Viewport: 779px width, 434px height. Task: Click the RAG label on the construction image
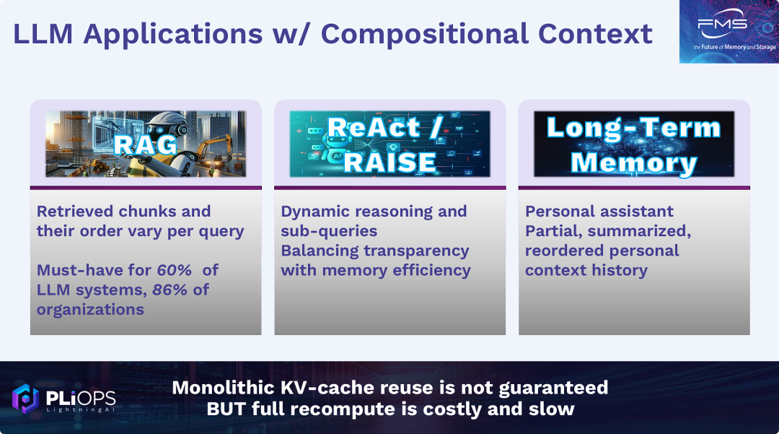[x=145, y=145]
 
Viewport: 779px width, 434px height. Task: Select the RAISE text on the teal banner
[x=390, y=162]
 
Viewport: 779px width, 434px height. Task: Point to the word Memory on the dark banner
[x=634, y=162]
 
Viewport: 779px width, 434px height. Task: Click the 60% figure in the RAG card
[x=175, y=270]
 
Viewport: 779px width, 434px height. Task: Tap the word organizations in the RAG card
[x=90, y=310]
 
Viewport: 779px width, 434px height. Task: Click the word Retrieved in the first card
[x=74, y=212]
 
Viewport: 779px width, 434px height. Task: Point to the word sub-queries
[x=329, y=231]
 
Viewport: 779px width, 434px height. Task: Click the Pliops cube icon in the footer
[x=25, y=398]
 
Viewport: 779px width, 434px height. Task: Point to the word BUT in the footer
[x=226, y=409]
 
